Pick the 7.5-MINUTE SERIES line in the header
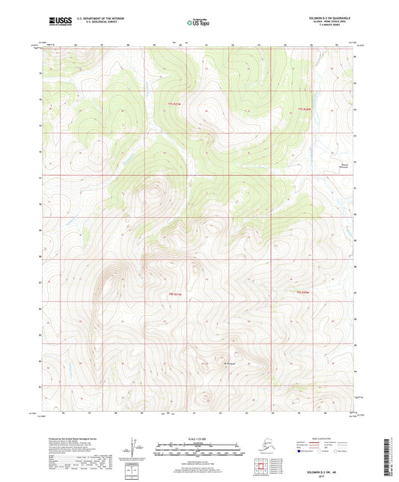(333, 29)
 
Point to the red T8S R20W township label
(302, 290)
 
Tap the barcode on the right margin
(391, 448)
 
